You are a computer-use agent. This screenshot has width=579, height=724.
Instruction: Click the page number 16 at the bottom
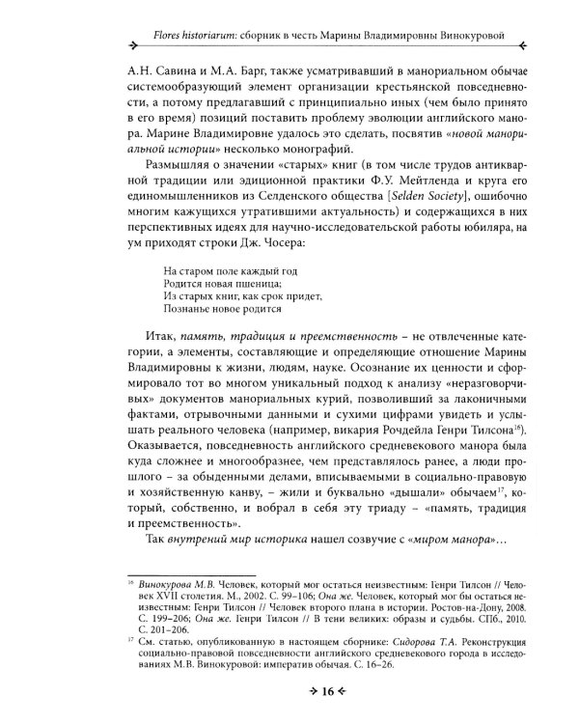289,693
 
